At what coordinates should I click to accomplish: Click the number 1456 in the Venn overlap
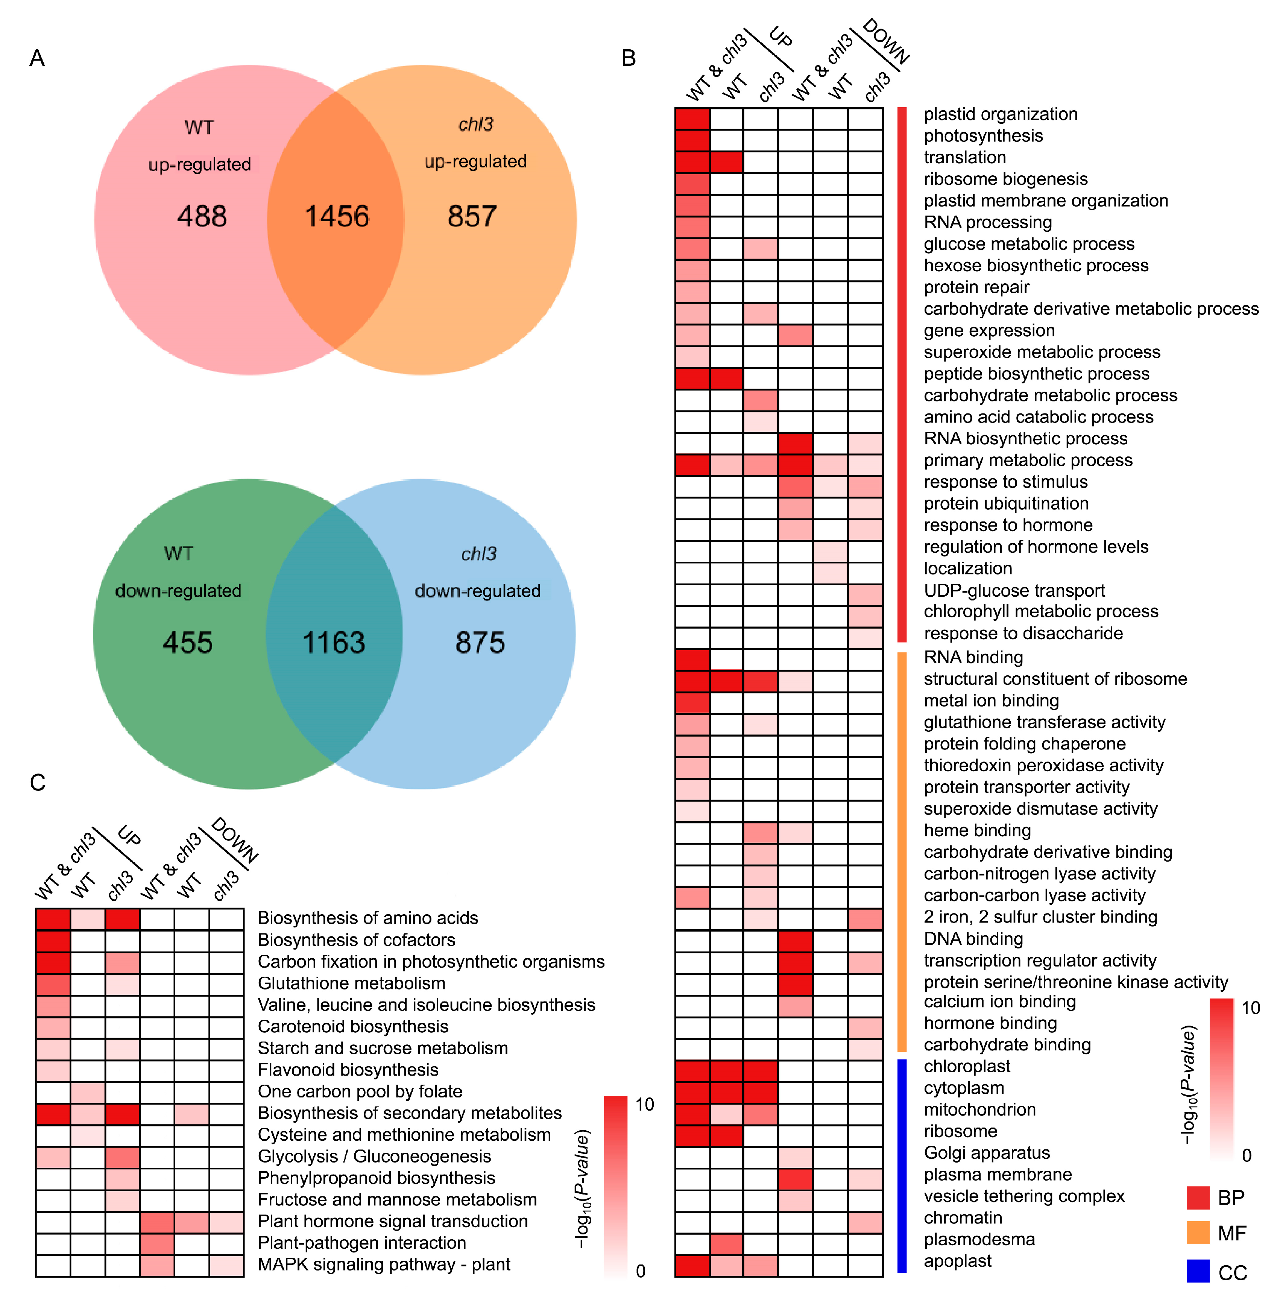[337, 217]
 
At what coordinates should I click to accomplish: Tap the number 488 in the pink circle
[202, 217]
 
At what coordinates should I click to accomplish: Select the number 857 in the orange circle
[472, 217]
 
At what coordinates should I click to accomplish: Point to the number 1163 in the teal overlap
[334, 643]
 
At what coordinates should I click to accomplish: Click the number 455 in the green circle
[188, 643]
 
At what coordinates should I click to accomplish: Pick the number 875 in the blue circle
[480, 643]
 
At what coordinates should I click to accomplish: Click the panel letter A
[37, 58]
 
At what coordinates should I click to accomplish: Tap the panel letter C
[38, 782]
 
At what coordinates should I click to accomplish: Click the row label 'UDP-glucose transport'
[1014, 590]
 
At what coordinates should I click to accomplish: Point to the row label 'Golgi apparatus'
[987, 1153]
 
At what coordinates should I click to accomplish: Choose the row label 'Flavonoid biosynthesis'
[348, 1070]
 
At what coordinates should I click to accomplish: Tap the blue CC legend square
[1198, 1271]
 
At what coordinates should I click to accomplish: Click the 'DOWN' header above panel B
[886, 42]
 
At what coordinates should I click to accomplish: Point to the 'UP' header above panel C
[129, 836]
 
